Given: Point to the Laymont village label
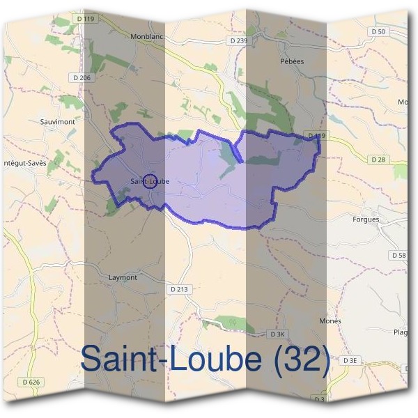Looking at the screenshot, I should point(123,277).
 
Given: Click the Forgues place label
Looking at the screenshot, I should point(366,219).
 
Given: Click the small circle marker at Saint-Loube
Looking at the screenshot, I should point(148,181).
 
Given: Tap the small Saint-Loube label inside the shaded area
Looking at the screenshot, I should point(149,182).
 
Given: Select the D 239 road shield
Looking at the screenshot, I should point(238,41).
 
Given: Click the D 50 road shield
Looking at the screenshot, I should point(378,31).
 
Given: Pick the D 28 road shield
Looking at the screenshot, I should point(378,160).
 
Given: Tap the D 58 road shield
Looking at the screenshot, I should point(399,256).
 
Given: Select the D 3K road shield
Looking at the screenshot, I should point(277,334).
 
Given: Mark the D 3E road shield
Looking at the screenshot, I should point(350,360).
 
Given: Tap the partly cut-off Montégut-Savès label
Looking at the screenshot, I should point(23,162).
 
